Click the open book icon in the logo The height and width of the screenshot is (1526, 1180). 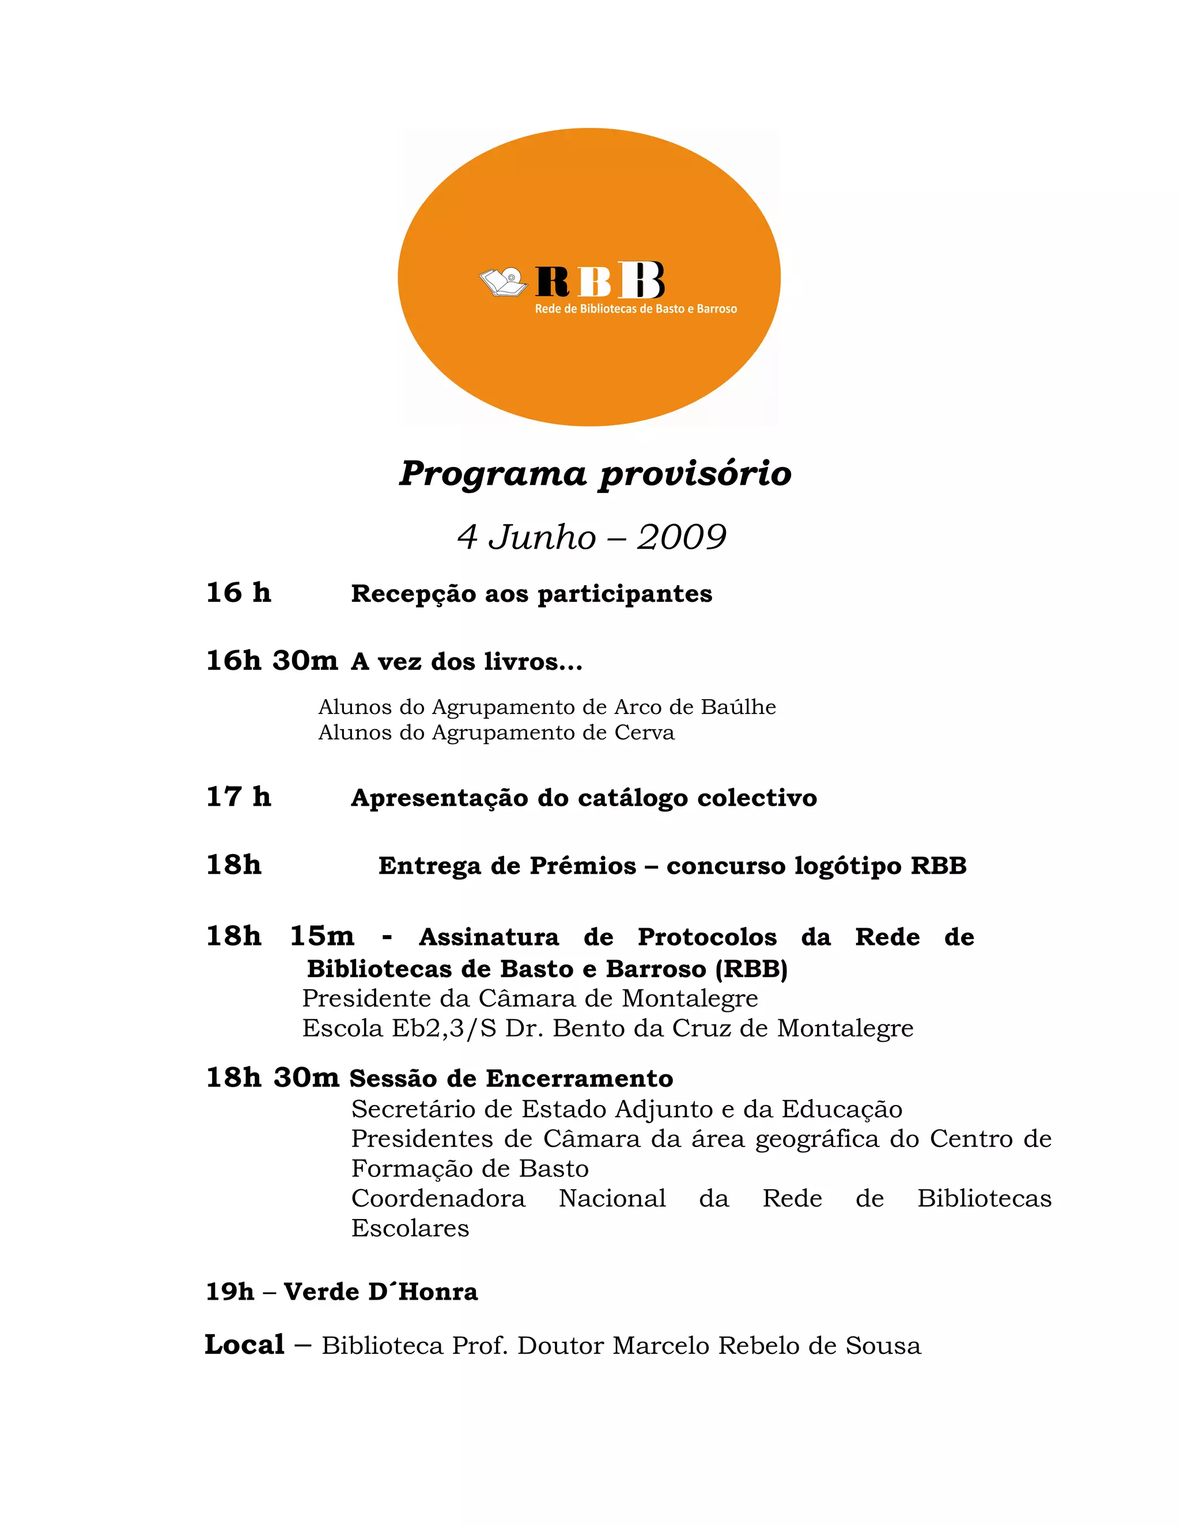pos(502,281)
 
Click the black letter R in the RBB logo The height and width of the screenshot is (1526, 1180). pos(552,282)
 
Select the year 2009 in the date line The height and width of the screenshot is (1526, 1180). pos(681,537)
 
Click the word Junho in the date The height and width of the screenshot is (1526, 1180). pos(542,537)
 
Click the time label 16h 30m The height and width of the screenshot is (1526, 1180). pos(271,660)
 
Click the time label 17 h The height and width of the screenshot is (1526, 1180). pos(239,796)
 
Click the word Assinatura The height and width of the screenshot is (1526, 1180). pos(489,937)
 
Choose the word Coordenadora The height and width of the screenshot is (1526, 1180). pos(438,1198)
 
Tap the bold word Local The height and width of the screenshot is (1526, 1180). pos(245,1345)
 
